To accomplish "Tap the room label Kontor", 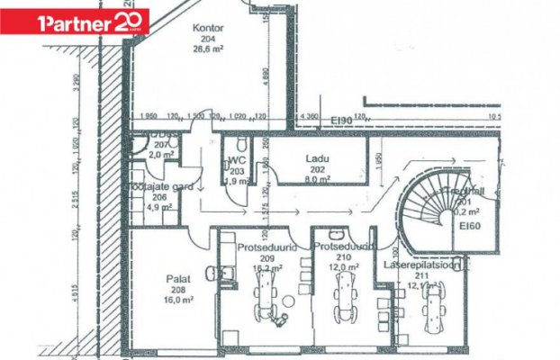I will click(x=207, y=28).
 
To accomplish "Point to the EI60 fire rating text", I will click(x=470, y=226).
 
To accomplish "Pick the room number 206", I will click(x=158, y=196).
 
